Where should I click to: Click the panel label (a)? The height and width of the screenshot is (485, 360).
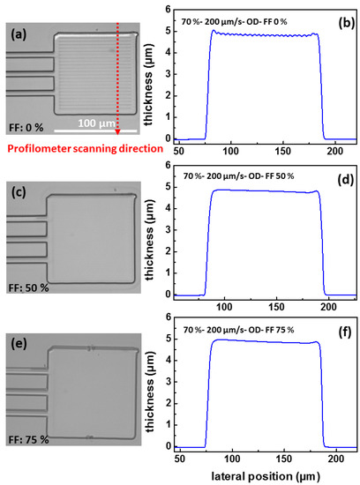click(21, 36)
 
